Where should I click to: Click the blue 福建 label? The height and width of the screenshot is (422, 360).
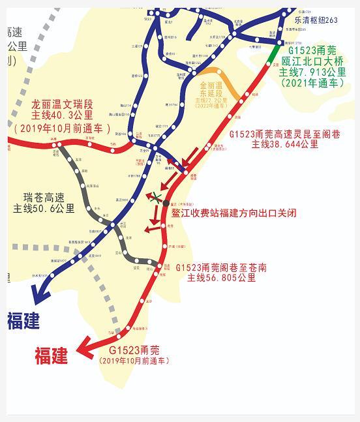(x=23, y=321)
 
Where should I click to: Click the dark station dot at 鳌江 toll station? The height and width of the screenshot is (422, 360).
(x=166, y=204)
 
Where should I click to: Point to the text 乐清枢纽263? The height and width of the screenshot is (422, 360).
(x=316, y=20)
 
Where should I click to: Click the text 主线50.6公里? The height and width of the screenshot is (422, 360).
(x=44, y=209)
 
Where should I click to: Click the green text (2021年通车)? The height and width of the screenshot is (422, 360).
(x=312, y=83)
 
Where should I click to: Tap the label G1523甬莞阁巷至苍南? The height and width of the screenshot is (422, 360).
(x=221, y=267)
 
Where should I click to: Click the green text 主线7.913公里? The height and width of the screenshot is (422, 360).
(x=312, y=72)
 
